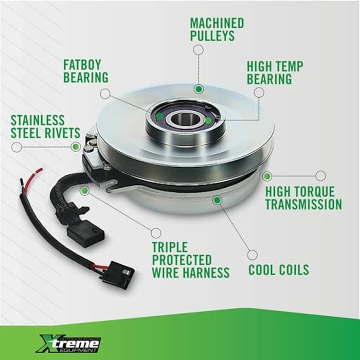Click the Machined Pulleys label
[x=217, y=30]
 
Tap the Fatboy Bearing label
[x=85, y=71]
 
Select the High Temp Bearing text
[x=275, y=73]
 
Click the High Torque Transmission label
[x=303, y=198]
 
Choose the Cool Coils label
[x=279, y=270]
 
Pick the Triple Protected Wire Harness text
[x=190, y=260]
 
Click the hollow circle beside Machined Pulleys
[x=198, y=50]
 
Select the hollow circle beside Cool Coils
[x=252, y=255]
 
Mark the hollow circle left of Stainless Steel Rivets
[x=16, y=147]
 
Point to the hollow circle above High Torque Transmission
[x=320, y=176]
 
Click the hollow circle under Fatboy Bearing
[x=105, y=94]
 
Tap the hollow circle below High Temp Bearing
[x=259, y=93]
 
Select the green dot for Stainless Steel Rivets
[x=76, y=147]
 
